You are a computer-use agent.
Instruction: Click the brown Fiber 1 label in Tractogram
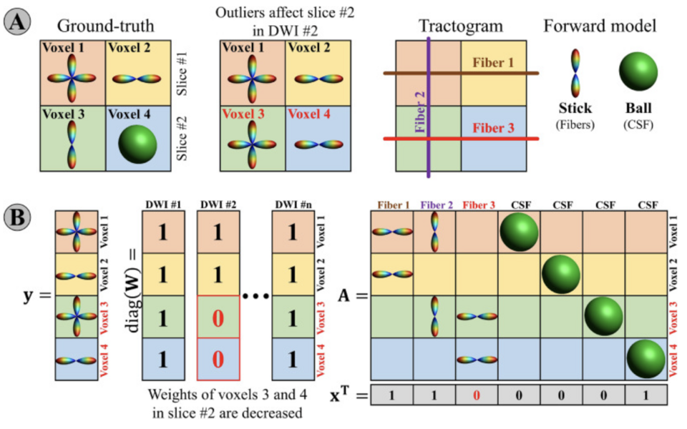point(493,61)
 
